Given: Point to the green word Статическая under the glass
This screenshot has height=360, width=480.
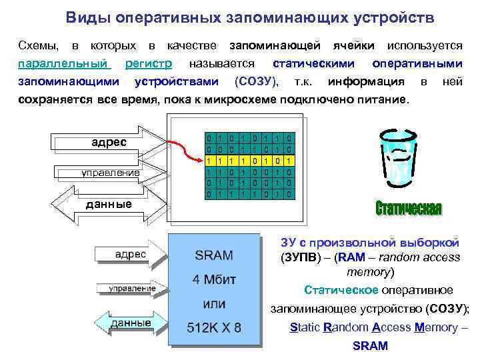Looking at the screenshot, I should (408, 209).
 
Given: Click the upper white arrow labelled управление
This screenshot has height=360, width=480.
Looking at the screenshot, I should (107, 173).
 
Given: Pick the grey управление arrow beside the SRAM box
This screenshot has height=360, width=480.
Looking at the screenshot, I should (131, 289).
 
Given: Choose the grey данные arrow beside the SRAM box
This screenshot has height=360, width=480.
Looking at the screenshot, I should (131, 323).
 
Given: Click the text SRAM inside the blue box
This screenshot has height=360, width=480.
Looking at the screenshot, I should (213, 255).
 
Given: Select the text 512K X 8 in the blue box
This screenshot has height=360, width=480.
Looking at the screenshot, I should (213, 328).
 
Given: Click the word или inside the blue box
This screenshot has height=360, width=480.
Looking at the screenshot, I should (213, 305).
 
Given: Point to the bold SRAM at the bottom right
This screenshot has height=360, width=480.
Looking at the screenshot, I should (370, 347).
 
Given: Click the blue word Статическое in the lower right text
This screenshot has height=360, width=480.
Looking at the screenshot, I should (341, 290).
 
